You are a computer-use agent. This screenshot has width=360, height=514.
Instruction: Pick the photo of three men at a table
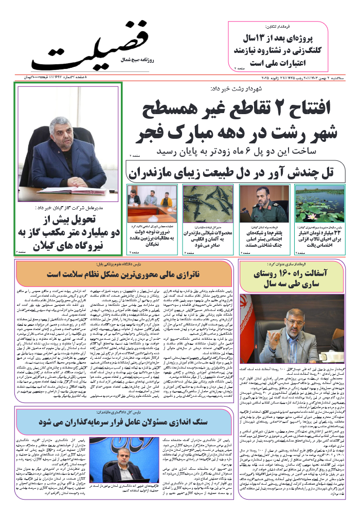(152, 204)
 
